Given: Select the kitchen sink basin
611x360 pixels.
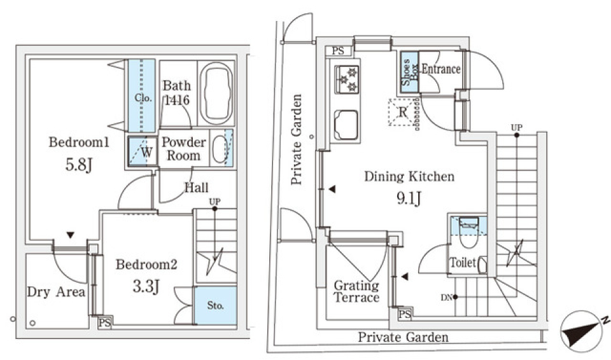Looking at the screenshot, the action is (346, 125).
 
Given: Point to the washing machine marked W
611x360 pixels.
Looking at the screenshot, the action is (141, 151).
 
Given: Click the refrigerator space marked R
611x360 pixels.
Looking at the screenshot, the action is (402, 112).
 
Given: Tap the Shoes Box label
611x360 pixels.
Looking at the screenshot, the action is (409, 72).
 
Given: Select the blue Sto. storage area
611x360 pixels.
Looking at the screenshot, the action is (216, 305).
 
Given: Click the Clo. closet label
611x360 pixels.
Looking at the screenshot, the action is (143, 98).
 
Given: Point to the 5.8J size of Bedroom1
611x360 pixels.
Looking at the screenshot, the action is (79, 165).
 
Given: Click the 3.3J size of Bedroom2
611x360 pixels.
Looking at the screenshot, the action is (146, 287).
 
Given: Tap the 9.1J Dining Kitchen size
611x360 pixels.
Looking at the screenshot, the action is (409, 198).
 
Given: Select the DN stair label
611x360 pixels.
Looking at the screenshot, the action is (447, 298).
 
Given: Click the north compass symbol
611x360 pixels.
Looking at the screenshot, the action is (584, 331).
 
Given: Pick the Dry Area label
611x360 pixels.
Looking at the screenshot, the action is (56, 292).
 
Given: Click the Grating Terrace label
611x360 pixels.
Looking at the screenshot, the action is (356, 291).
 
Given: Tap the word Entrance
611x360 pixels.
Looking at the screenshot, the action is (441, 69).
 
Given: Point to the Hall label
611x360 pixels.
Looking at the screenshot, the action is (197, 188).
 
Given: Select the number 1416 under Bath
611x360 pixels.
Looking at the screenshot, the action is (177, 100).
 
